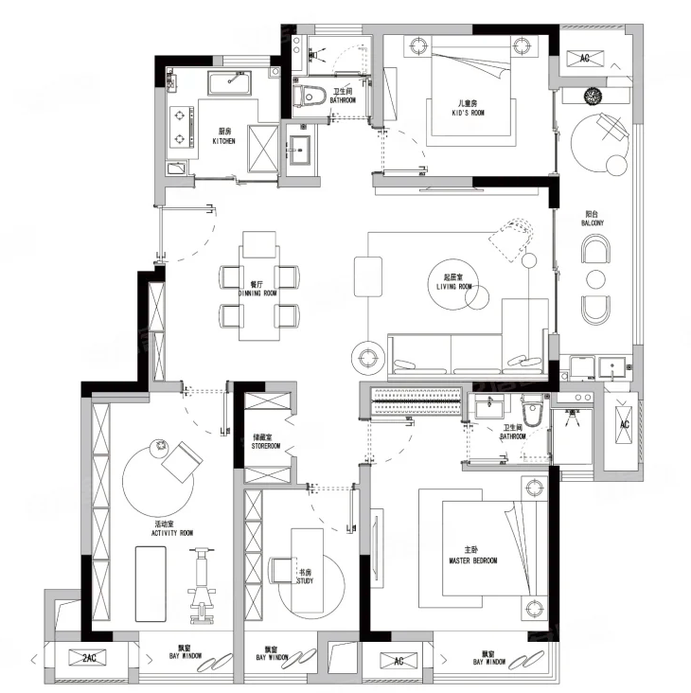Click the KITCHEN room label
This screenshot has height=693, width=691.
tap(224, 141)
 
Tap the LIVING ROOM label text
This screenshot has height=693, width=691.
tap(453, 287)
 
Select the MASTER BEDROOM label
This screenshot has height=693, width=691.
tap(472, 560)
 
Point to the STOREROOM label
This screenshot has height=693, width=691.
tap(266, 446)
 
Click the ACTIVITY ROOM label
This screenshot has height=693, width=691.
tap(172, 533)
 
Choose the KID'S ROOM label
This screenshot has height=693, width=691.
tap(468, 113)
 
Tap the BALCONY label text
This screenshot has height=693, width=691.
tap(592, 223)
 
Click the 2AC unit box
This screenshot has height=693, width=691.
tap(89, 658)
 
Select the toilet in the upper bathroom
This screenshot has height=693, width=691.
tap(310, 96)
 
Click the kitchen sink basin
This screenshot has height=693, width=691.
tap(230, 82)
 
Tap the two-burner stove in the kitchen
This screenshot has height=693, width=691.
tap(181, 127)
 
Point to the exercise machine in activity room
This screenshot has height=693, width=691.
tap(202, 586)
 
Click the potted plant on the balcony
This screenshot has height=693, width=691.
tap(592, 96)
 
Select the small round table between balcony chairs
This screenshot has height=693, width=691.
tap(595, 279)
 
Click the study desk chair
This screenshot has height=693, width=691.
tap(280, 570)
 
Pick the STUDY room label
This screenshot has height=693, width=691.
tap(305, 580)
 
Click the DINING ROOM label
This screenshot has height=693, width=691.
tap(257, 293)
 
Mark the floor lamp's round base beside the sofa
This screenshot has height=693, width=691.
tap(367, 357)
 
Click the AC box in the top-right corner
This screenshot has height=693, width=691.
tap(585, 58)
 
